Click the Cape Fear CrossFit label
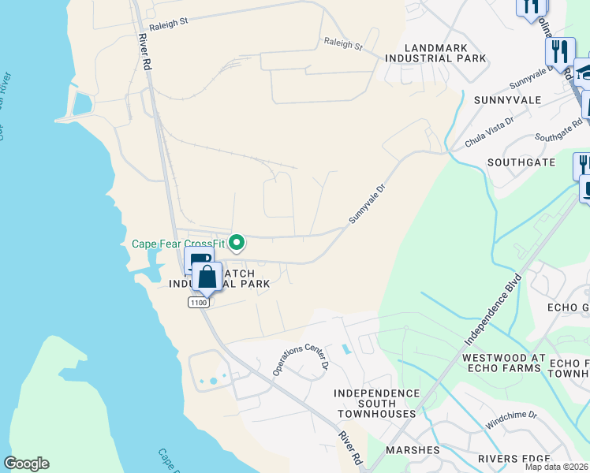tap(178, 243)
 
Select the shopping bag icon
tap(207, 277)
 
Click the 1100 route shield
tap(198, 302)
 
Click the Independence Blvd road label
tap(494, 309)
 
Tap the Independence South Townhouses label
tap(375, 403)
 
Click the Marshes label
tap(413, 450)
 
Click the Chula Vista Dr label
tap(489, 131)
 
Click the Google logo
tap(26, 464)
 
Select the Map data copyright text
tap(557, 467)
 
